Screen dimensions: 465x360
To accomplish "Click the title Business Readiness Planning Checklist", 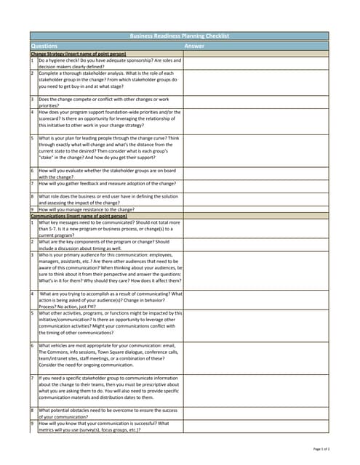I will coord(179,35).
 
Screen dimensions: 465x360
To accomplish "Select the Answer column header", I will coord(194,45).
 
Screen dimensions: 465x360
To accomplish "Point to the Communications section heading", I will coord(79,216).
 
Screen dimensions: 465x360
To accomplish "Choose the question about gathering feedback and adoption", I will coord(102,184).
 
